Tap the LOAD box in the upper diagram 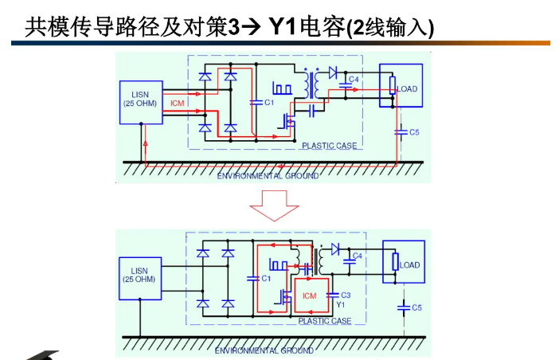[x=401, y=86]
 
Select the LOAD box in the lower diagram [x=403, y=264]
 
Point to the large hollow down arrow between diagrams [x=275, y=208]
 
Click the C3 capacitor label [x=346, y=295]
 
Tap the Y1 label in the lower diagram [x=341, y=304]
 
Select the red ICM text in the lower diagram [x=310, y=295]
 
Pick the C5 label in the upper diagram [x=415, y=131]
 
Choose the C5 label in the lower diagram [x=417, y=307]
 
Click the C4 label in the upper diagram [x=354, y=80]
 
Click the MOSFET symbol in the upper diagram [x=287, y=122]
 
